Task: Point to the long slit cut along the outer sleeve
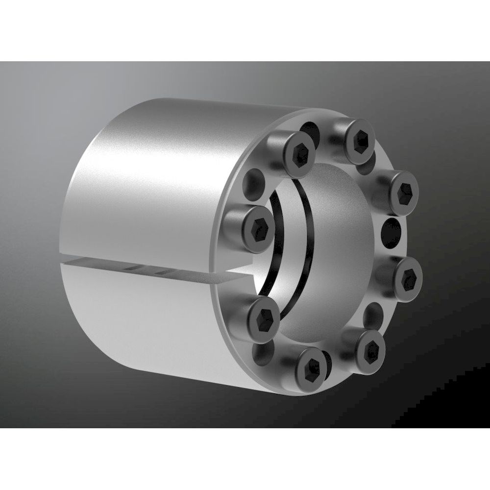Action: click(147, 265)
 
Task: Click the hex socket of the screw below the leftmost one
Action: click(265, 316)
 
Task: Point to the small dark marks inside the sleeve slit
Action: click(147, 270)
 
